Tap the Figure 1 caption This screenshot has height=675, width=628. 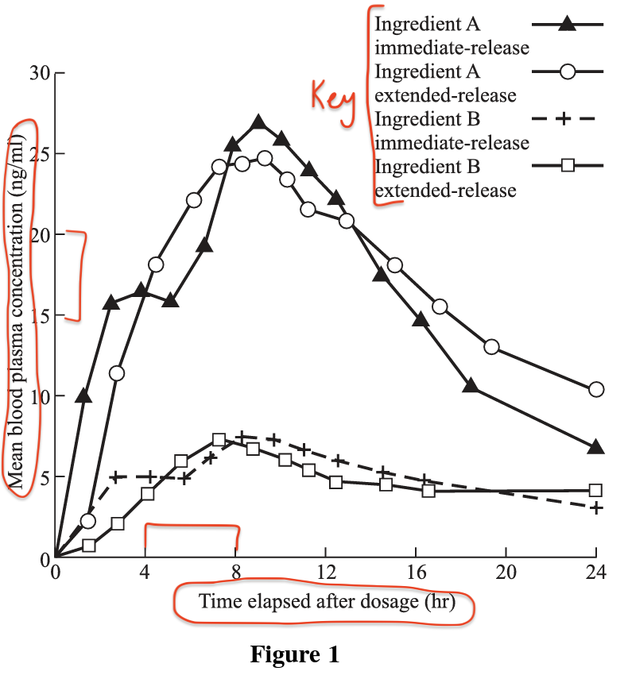[x=295, y=655]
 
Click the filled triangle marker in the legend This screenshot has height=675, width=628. [x=566, y=24]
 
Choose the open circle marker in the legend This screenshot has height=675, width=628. [x=566, y=71]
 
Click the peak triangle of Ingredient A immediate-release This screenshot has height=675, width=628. [x=258, y=122]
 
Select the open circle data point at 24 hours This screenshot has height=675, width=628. [x=596, y=389]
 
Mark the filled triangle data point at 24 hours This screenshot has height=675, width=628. [x=596, y=447]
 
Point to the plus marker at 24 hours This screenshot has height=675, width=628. [x=596, y=507]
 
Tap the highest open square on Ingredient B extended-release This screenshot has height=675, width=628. [x=219, y=440]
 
